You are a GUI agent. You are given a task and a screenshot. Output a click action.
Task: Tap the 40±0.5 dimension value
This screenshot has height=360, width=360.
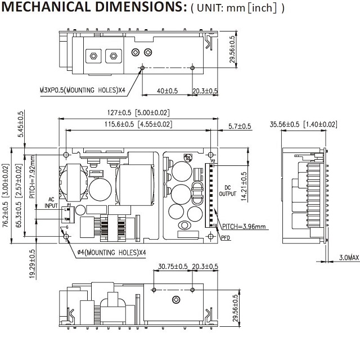click(x=167, y=91)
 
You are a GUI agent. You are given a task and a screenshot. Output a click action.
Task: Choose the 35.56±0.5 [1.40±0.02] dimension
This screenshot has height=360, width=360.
click(x=303, y=124)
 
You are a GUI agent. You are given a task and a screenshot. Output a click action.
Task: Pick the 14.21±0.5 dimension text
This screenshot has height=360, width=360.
click(x=243, y=185)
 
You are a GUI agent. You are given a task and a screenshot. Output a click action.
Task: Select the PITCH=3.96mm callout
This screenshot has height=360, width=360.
click(x=243, y=227)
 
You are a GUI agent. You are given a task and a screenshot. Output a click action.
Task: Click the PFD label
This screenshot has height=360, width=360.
click(x=226, y=238)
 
